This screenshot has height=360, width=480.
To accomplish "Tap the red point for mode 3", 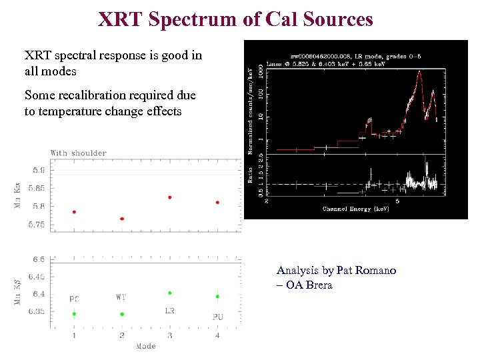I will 170,197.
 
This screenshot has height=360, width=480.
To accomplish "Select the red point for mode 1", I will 74,212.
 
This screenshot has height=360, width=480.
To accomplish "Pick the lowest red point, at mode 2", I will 122,219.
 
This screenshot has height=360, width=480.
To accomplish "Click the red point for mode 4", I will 218,203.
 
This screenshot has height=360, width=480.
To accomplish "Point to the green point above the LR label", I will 170,293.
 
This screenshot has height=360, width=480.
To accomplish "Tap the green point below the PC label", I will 74,314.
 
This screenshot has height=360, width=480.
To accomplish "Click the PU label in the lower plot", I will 218,317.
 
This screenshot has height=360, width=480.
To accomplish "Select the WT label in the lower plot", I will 121,297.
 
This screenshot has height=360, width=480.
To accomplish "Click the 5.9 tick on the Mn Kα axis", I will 39,170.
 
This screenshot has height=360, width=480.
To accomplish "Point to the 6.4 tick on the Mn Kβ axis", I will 39,294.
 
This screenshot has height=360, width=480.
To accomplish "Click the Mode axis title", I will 145,346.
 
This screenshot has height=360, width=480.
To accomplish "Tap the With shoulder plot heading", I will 79,153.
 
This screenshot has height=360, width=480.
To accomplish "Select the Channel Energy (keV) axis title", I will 356,209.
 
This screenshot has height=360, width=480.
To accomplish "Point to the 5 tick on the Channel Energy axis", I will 398,201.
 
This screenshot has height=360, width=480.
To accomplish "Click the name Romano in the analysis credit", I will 376,271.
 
